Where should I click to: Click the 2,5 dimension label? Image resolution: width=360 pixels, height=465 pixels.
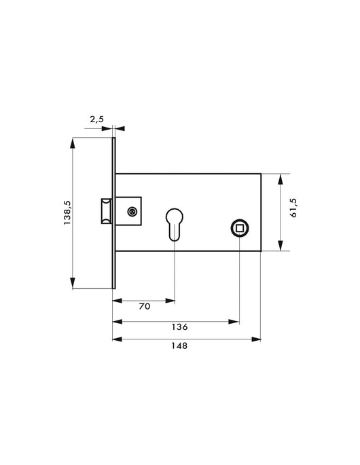pyautogui.click(x=96, y=119)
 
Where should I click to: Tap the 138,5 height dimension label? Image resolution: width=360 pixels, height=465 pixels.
pyautogui.click(x=67, y=212)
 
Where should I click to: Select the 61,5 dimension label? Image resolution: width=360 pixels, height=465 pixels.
pyautogui.click(x=293, y=207)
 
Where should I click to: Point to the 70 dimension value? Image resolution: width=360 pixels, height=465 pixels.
pyautogui.click(x=145, y=306)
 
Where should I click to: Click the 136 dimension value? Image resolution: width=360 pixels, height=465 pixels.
pyautogui.click(x=179, y=327)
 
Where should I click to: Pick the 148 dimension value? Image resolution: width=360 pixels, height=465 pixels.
pyautogui.click(x=179, y=346)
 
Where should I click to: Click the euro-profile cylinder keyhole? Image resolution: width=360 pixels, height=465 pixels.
pyautogui.click(x=174, y=224)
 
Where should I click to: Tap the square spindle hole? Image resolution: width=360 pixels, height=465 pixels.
pyautogui.click(x=240, y=228)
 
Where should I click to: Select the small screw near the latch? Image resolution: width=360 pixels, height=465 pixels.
pyautogui.click(x=132, y=211)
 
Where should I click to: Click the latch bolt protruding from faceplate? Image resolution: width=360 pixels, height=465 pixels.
pyautogui.click(x=107, y=211)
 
